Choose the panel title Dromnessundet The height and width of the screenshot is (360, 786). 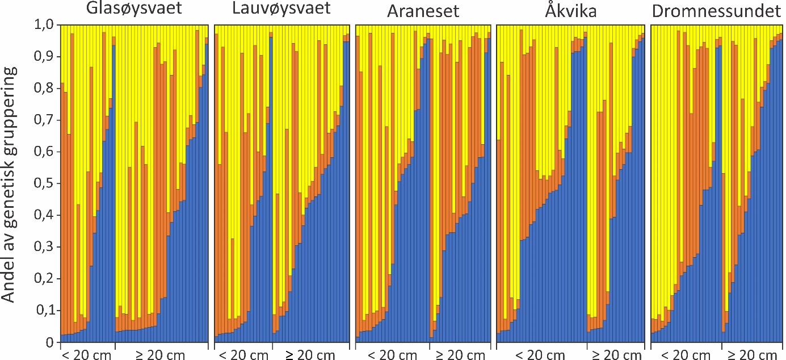coord(717,11)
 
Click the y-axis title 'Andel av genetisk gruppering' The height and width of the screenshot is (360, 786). coord(12,185)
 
